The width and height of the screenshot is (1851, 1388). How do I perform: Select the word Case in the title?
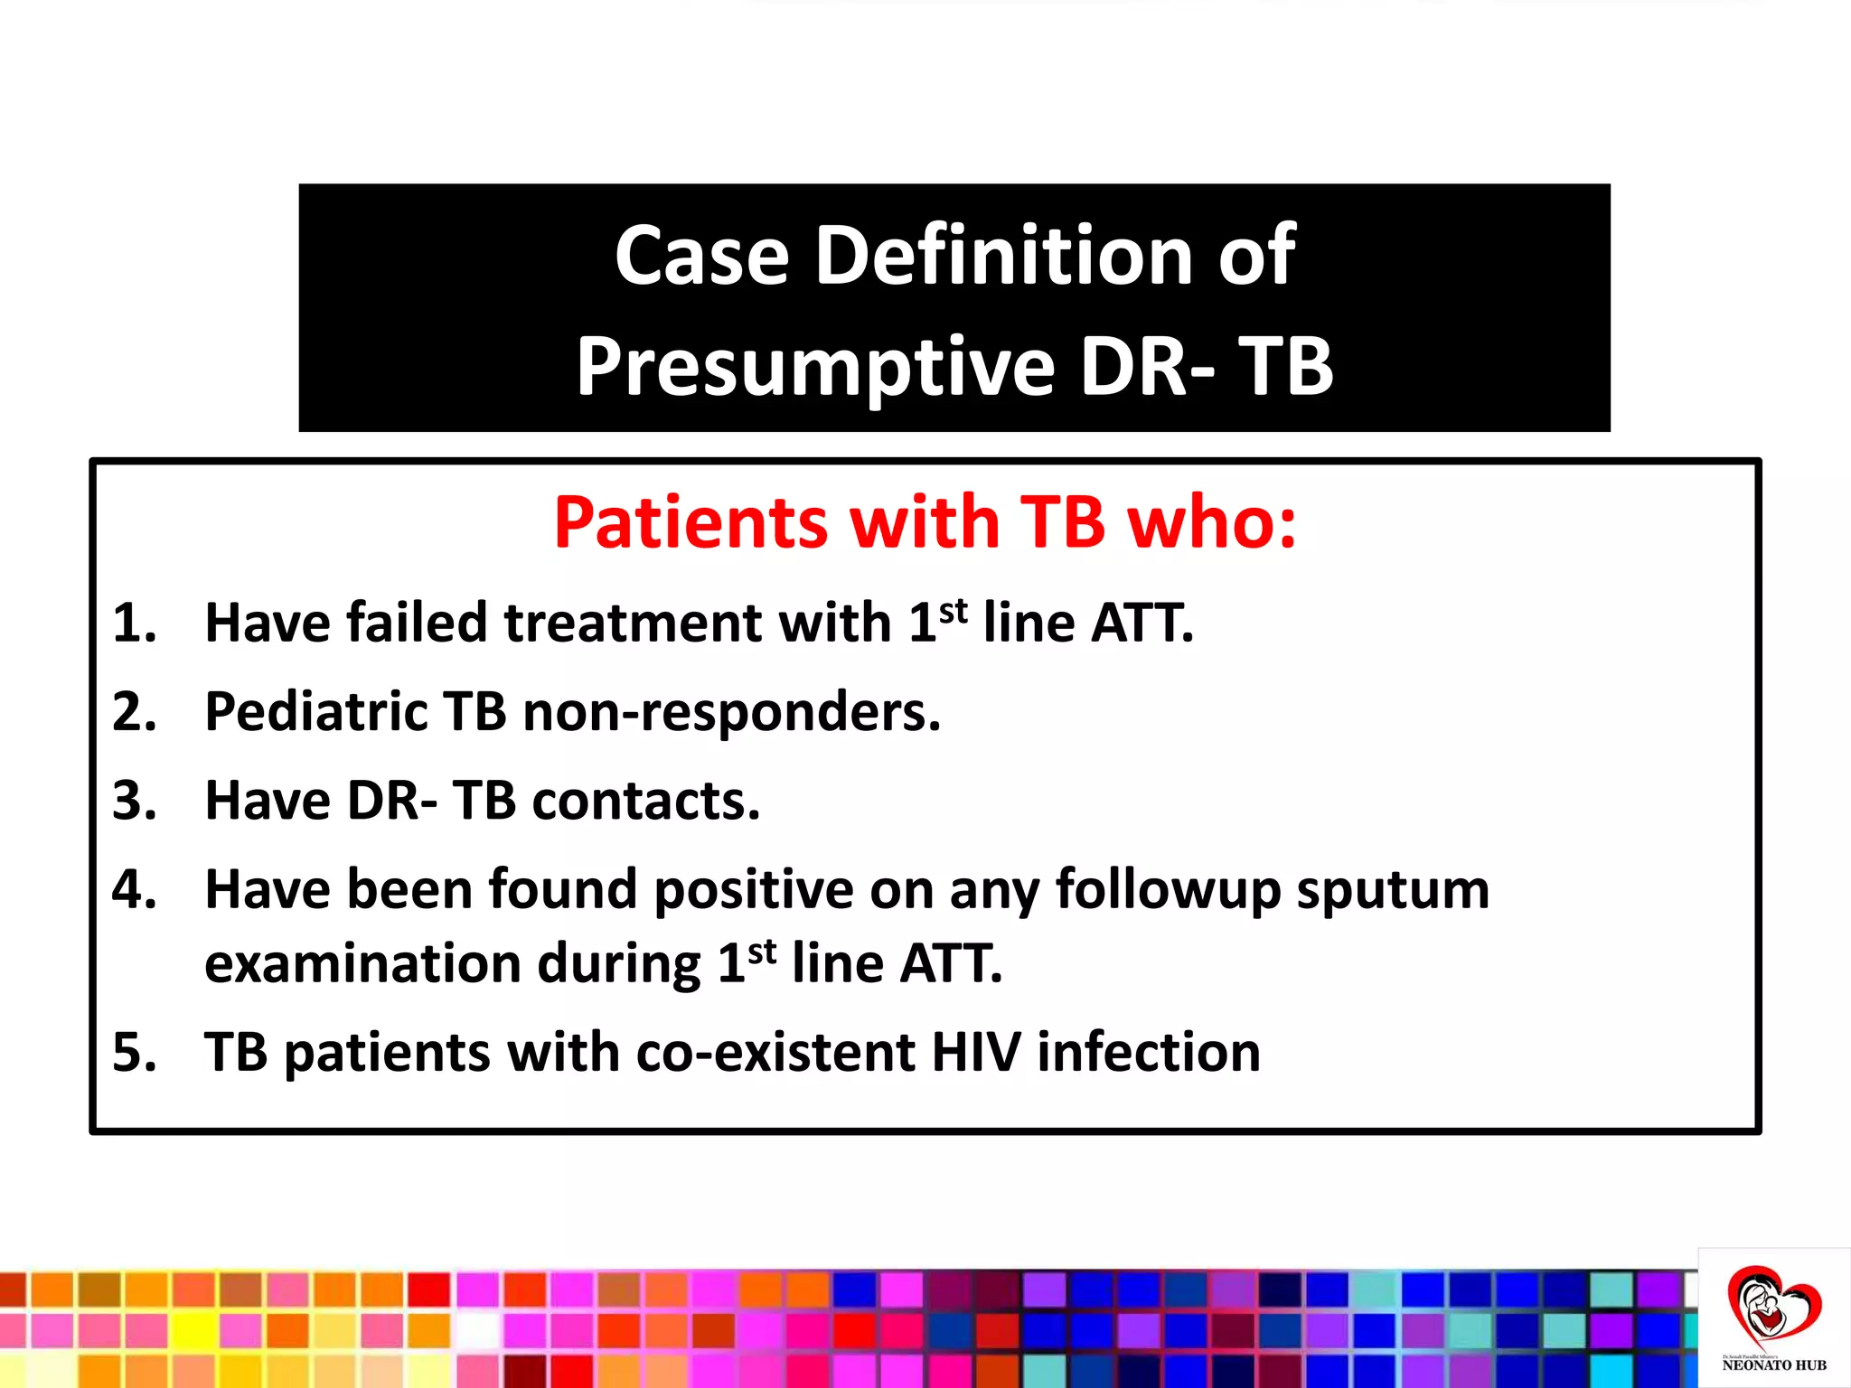tap(702, 256)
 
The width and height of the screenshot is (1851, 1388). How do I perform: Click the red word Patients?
tap(691, 523)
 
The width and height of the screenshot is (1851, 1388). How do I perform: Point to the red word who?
tap(1213, 523)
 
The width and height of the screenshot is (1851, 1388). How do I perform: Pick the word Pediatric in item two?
tap(315, 712)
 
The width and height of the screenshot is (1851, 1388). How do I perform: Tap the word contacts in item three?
tap(646, 802)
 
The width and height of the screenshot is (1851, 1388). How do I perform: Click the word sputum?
tap(1393, 891)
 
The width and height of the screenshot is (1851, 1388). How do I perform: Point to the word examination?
tap(362, 964)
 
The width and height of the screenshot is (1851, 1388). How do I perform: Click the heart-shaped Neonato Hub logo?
tap(1773, 1308)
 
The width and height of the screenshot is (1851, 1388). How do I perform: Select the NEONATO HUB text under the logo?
tap(1773, 1365)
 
